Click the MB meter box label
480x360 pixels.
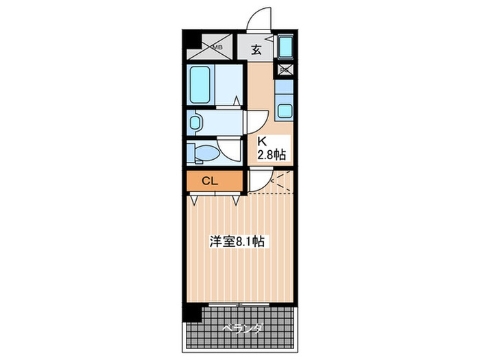pyautogui.click(x=217, y=47)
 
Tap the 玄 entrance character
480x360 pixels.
pyautogui.click(x=256, y=49)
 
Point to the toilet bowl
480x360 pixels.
pyautogui.click(x=203, y=152)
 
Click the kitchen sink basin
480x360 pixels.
pyautogui.click(x=285, y=110)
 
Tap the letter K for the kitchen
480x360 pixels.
pyautogui.click(x=261, y=143)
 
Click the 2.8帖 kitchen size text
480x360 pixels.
pyautogui.click(x=270, y=156)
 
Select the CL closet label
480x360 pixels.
pyautogui.click(x=210, y=181)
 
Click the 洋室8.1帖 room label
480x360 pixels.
pyautogui.click(x=237, y=241)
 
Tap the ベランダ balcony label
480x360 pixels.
pyautogui.click(x=242, y=328)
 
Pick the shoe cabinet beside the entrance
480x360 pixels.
pyautogui.click(x=287, y=48)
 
